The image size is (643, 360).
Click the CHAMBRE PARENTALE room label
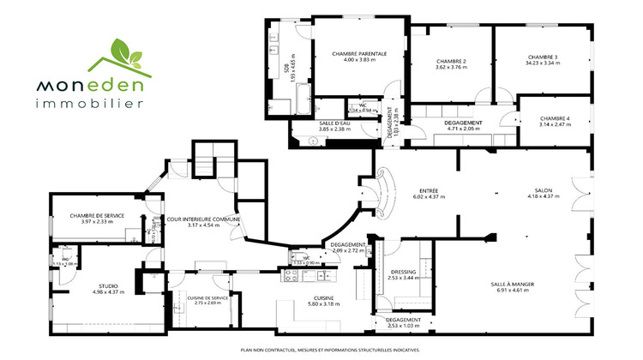click(359, 54)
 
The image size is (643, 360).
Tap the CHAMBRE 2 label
click(451, 62)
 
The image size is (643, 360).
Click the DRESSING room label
click(402, 272)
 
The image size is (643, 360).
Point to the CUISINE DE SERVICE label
click(207, 297)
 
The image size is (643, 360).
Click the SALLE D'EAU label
click(334, 123)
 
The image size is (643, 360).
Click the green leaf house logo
click(116, 57)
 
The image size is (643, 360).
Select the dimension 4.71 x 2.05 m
click(463, 129)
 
